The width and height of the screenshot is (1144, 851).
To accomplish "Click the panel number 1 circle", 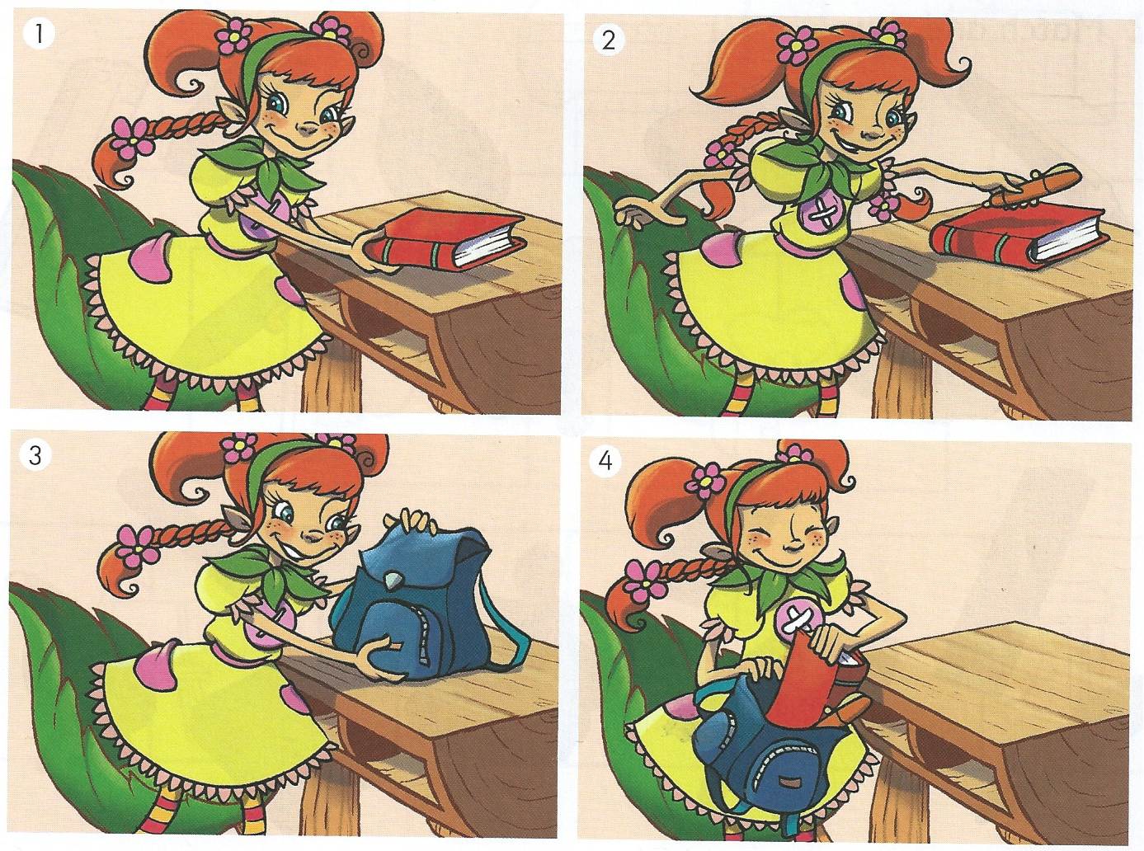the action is point(38,35).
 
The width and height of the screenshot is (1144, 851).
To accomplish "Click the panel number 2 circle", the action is point(609,40).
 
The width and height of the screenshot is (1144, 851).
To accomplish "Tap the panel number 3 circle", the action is point(35,456).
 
